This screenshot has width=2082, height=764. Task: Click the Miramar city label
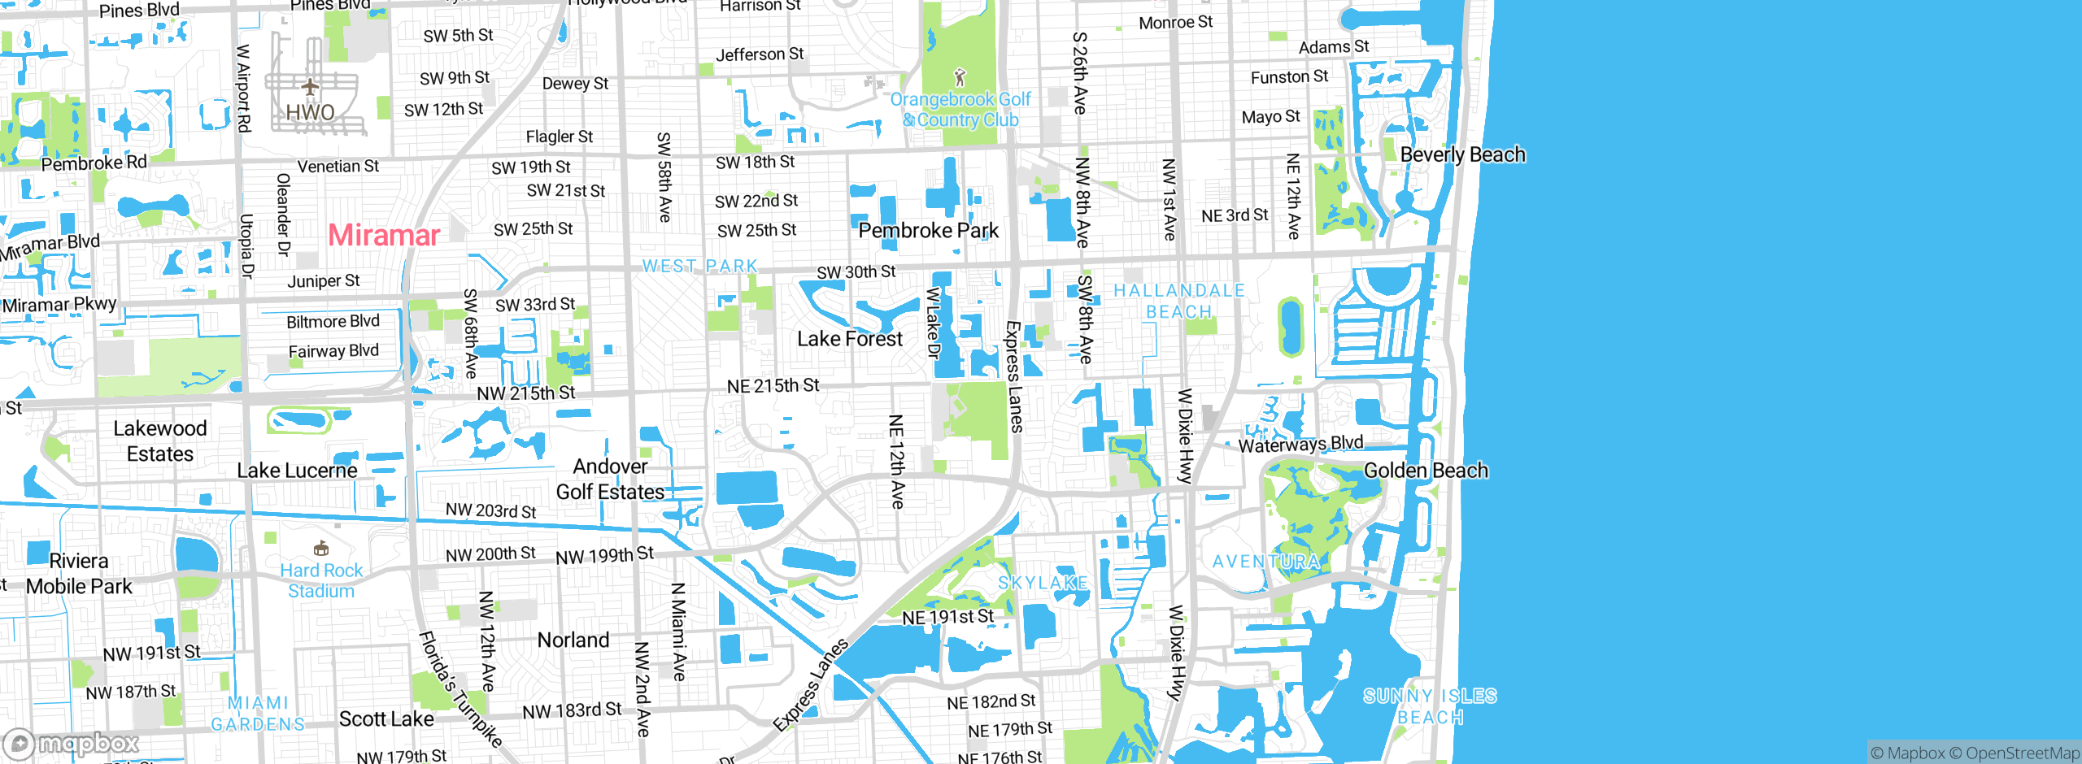[384, 236]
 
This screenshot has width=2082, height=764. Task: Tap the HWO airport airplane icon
[310, 86]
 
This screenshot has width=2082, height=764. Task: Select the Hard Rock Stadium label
[321, 580]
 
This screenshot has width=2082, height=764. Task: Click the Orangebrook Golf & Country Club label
[960, 110]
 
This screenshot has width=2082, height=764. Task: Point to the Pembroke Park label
[928, 231]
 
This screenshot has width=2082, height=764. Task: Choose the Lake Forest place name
[849, 339]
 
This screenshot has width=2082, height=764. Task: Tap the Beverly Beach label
[1462, 154]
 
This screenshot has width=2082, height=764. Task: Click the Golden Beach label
[1426, 471]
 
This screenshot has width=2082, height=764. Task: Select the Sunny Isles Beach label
[1430, 706]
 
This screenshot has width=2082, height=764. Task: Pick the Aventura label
[1265, 562]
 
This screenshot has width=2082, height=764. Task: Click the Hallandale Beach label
[1178, 301]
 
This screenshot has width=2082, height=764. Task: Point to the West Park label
[699, 267]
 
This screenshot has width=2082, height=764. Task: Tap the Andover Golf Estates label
[610, 480]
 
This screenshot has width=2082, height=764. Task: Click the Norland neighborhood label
[573, 640]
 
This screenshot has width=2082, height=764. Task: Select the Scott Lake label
[386, 719]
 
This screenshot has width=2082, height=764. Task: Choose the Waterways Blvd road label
[1300, 444]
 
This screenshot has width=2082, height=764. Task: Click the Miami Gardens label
[258, 714]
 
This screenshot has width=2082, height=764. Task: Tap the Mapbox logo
[72, 744]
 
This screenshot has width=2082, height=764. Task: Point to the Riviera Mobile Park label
[79, 574]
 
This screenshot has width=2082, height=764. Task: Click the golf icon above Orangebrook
[960, 78]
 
